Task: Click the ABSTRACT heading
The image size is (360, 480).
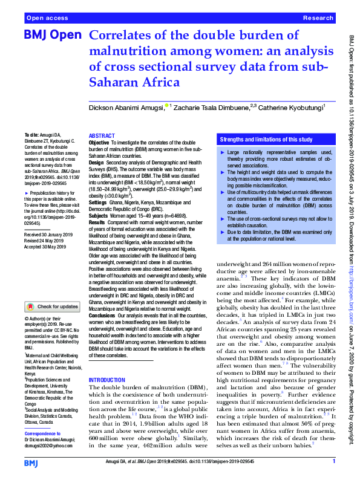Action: [102, 136]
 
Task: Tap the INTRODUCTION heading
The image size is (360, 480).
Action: [108, 380]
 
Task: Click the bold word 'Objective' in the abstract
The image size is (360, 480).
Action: [99, 143]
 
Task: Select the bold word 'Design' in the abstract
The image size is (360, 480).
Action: [96, 163]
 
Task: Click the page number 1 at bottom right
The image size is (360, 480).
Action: [333, 462]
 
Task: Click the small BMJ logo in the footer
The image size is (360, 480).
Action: [30, 462]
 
